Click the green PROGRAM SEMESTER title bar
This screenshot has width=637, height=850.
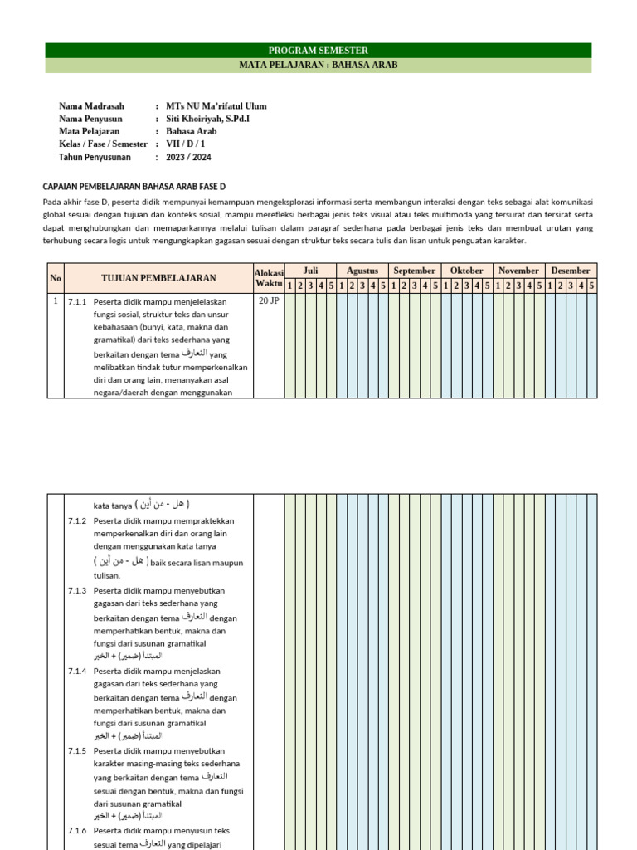(318, 51)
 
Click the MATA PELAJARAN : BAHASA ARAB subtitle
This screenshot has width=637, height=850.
(318, 66)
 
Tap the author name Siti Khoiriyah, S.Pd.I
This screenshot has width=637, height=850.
(207, 119)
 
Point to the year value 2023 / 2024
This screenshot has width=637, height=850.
(188, 157)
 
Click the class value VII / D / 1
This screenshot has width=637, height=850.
(186, 144)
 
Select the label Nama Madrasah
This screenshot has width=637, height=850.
(91, 106)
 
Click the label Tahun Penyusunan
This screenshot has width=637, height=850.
(96, 157)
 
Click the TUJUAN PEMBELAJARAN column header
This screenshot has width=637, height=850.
(158, 278)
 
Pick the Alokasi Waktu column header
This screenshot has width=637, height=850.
(269, 278)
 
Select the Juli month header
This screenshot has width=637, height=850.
(310, 271)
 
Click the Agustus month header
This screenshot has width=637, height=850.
(362, 271)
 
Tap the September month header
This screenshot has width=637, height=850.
(415, 271)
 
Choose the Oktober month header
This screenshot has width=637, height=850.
(466, 271)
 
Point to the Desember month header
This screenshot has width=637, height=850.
(571, 271)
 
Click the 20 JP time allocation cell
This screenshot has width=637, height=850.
(269, 301)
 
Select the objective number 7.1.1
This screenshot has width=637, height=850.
(77, 302)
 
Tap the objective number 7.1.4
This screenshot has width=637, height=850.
(77, 671)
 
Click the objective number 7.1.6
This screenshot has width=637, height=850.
(77, 831)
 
